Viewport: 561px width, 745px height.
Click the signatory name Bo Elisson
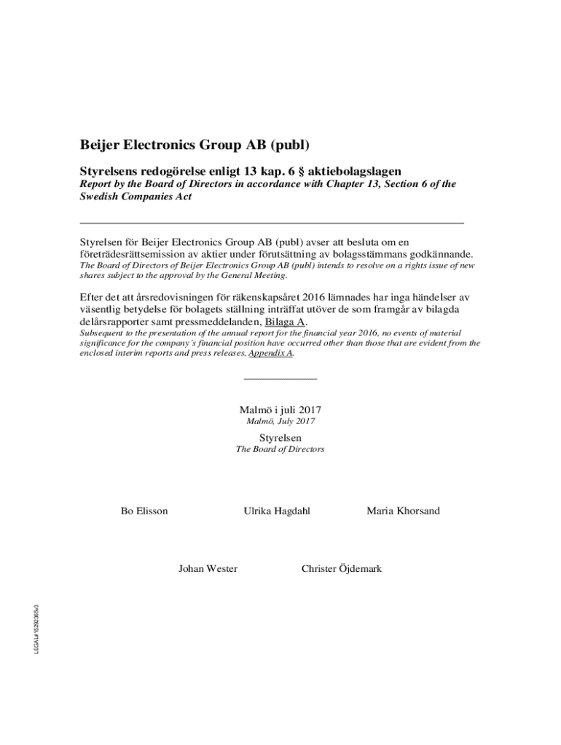(144, 511)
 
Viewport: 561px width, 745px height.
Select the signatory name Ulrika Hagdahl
(277, 511)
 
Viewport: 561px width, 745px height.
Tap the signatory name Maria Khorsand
(404, 511)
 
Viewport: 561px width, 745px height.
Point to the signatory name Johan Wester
(208, 568)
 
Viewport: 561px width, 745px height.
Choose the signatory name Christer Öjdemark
(342, 568)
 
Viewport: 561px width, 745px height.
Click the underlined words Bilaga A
(286, 322)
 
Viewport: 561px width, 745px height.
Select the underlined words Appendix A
(271, 353)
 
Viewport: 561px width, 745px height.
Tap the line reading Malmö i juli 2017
(280, 409)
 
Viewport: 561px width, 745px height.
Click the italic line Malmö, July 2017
(280, 421)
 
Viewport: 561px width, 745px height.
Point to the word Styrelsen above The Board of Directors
(280, 437)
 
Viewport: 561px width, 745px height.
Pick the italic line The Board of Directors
(280, 450)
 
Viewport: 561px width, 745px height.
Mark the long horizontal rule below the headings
(271, 221)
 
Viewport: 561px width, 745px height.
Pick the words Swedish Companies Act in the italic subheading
(136, 197)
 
